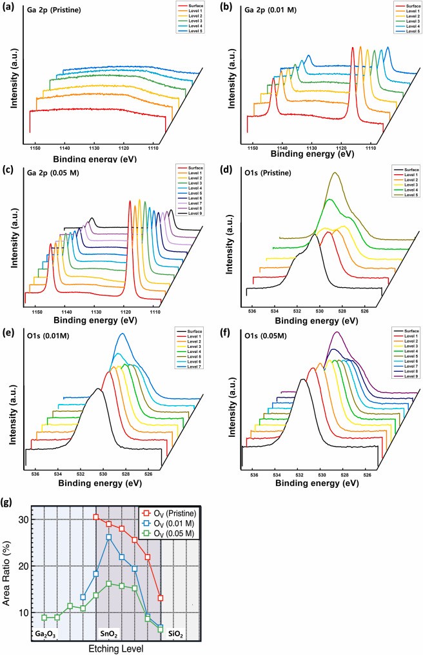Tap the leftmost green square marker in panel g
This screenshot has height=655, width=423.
44,618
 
